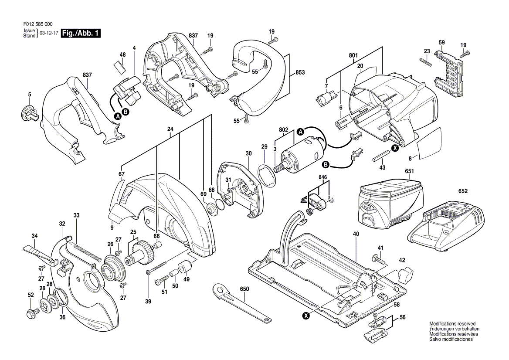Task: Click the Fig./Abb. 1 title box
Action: [x=81, y=33]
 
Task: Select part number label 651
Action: [x=409, y=171]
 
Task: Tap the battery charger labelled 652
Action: [x=446, y=224]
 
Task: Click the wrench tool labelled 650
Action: [x=242, y=303]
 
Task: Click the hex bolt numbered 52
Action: [x=33, y=313]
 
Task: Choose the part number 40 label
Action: [x=356, y=234]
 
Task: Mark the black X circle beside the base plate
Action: [x=306, y=315]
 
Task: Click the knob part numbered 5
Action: [x=29, y=112]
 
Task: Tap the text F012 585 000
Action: [x=38, y=24]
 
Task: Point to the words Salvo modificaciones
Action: [x=451, y=339]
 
